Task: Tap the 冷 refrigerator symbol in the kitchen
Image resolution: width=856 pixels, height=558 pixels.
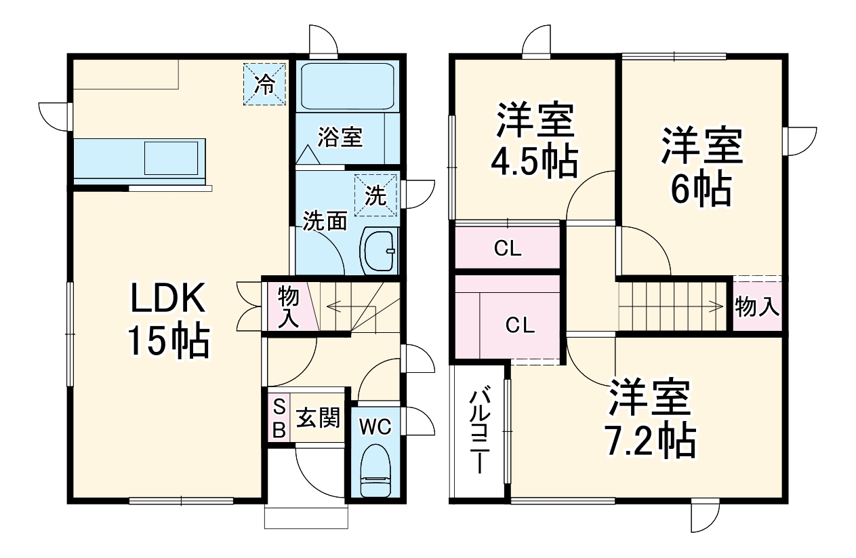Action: coord(265,85)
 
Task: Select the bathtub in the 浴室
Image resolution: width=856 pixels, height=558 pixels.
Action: coord(347,86)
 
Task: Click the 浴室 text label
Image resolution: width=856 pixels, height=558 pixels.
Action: coord(340,138)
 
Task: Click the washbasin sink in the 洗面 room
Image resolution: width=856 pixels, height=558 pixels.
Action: coord(381,250)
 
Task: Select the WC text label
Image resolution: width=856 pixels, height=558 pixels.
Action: coord(375,426)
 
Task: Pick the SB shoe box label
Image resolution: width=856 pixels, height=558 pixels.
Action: coord(279,419)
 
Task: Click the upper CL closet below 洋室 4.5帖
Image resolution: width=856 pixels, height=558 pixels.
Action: coord(507,249)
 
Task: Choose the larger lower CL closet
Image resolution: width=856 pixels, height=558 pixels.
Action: coord(520,325)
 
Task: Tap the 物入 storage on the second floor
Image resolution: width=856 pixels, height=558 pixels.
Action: coord(757,307)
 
